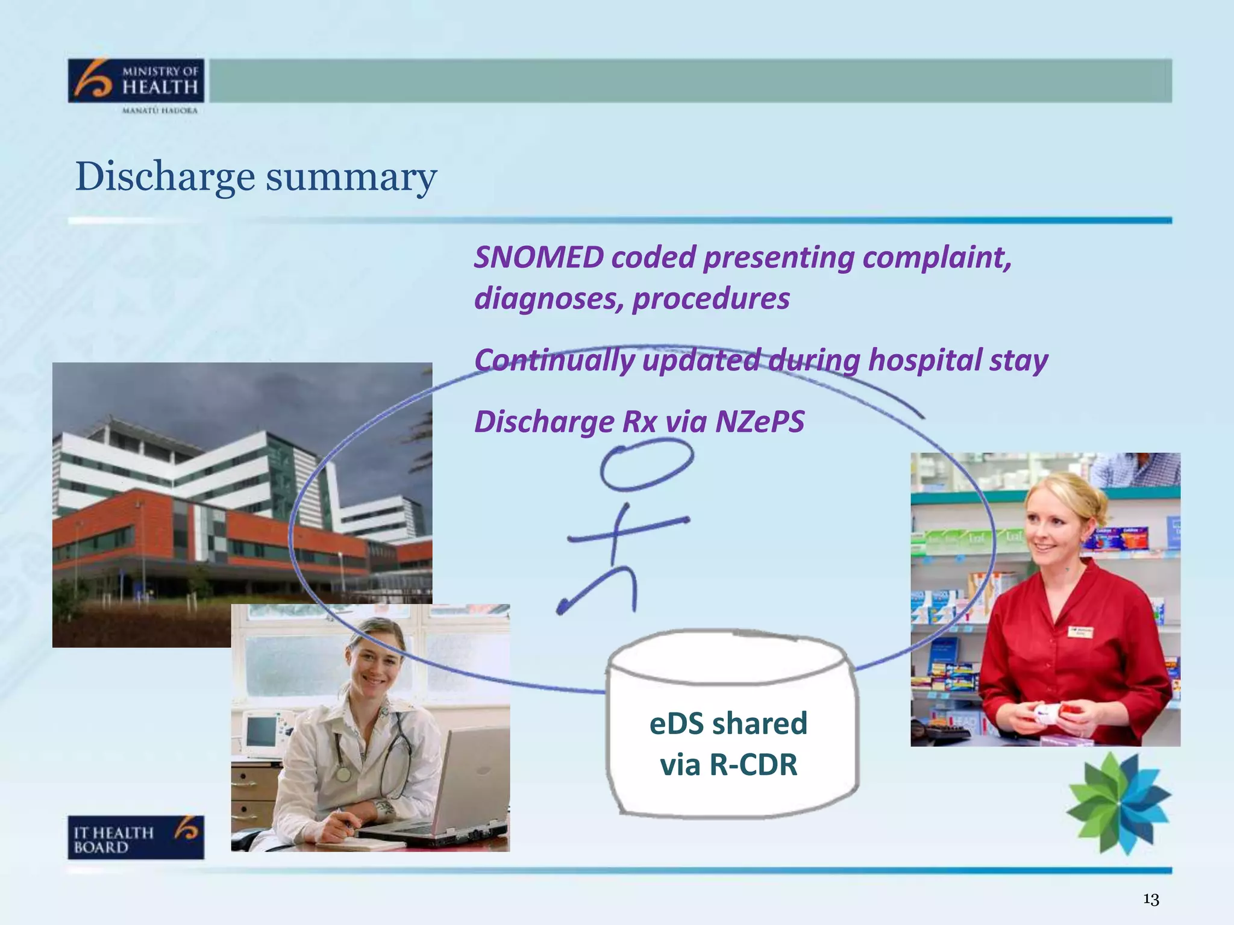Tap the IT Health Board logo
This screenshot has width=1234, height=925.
point(136,837)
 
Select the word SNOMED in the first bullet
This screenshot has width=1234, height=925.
point(539,258)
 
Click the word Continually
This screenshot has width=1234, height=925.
point(554,361)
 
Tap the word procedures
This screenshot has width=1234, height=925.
point(711,299)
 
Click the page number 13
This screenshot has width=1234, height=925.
point(1151,899)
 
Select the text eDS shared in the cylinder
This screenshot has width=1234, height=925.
point(728,723)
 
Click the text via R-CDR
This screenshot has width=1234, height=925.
point(728,765)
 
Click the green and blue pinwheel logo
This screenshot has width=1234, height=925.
point(1118,803)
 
